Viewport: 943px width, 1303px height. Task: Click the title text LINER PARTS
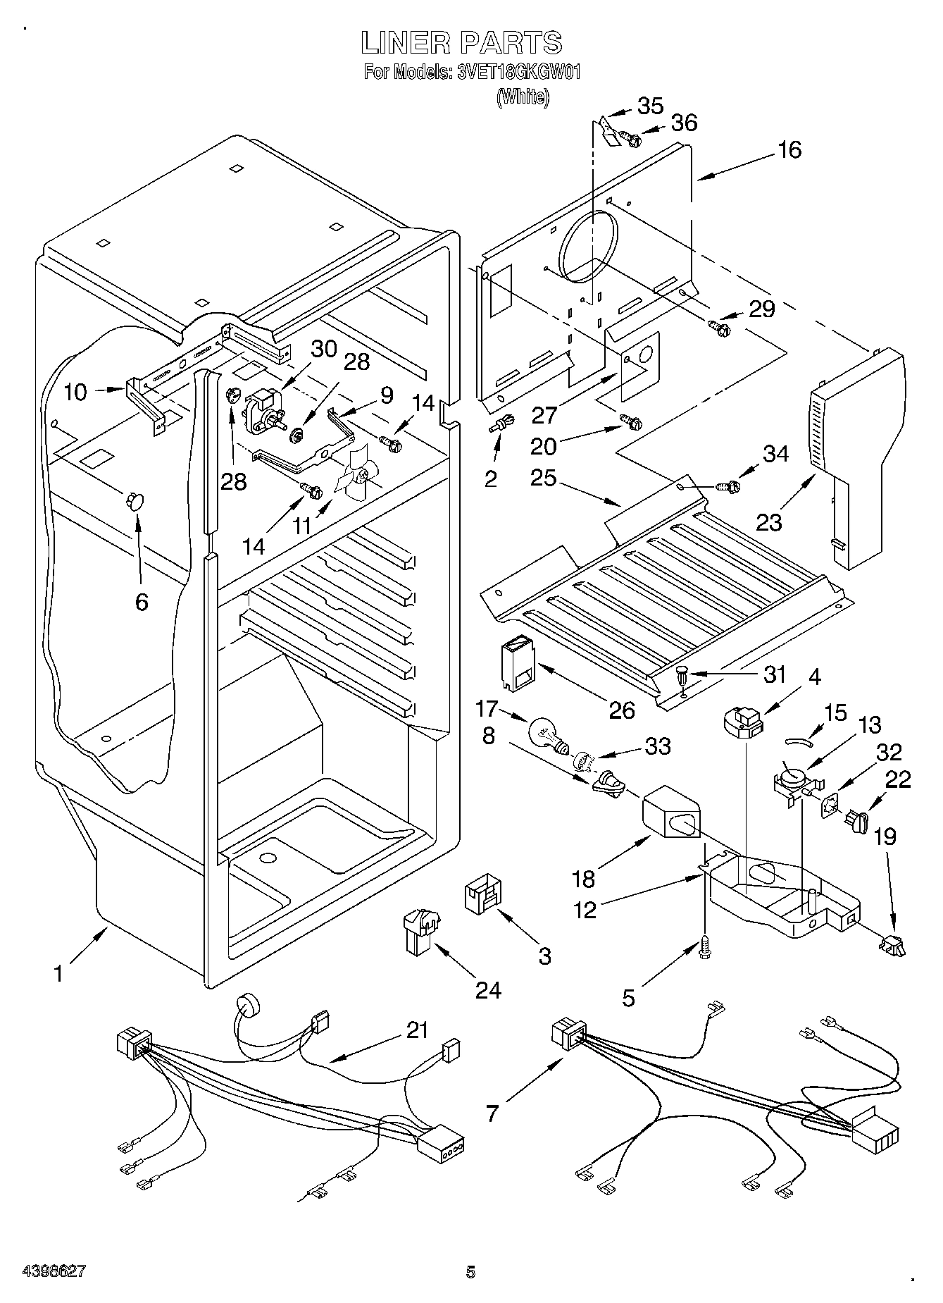click(x=461, y=43)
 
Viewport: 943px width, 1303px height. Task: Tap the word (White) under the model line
click(x=522, y=97)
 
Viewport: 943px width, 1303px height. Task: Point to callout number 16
click(x=790, y=149)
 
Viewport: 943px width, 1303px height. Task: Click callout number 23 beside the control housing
click(x=770, y=522)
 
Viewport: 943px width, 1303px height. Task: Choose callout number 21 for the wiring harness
click(x=417, y=1030)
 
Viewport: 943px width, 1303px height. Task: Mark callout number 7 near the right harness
click(x=492, y=1113)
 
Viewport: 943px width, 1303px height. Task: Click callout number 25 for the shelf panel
click(x=544, y=478)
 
